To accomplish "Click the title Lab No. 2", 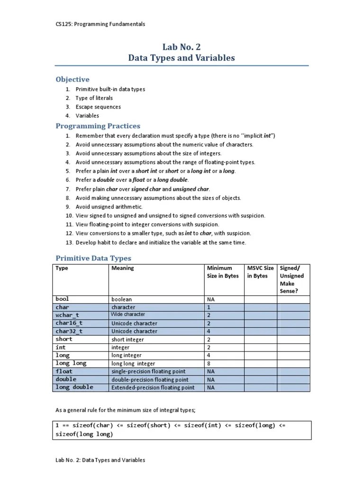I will (x=182, y=46).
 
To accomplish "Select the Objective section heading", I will (x=73, y=79).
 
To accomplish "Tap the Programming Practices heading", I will (x=98, y=126).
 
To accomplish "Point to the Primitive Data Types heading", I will (x=93, y=258).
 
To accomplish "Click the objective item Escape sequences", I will (x=98, y=107).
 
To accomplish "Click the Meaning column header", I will (x=123, y=268).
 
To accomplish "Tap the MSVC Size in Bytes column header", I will (x=260, y=272).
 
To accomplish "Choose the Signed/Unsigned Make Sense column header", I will (x=292, y=279).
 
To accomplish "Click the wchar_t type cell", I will (x=67, y=315).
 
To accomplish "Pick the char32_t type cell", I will (x=69, y=331).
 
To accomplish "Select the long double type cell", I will (x=74, y=387).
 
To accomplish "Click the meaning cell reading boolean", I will (x=121, y=299).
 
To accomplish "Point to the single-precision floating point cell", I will (x=148, y=371).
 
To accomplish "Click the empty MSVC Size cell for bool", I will (x=260, y=299).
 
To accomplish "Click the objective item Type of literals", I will (x=94, y=98).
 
